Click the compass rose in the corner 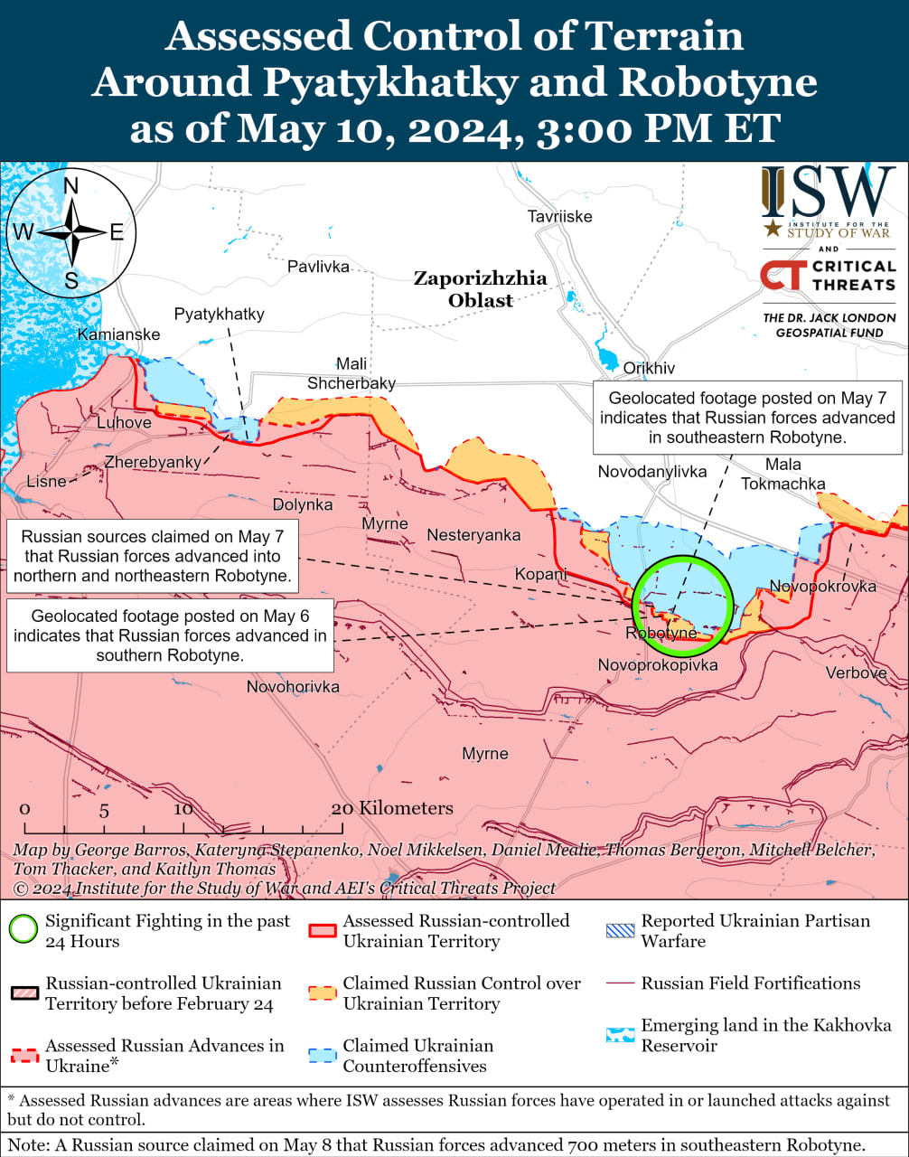point(70,232)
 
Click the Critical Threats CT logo point(781,275)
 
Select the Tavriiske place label point(559,216)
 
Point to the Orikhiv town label point(649,368)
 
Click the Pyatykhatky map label point(219,314)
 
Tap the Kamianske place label point(118,334)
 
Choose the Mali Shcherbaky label point(351,373)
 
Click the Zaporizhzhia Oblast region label point(480,288)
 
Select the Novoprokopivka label point(658,665)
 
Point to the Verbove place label point(855,673)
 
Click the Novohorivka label point(293,687)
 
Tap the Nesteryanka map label point(473,535)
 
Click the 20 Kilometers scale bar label point(392,808)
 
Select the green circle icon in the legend point(23,930)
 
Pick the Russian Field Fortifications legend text point(751,983)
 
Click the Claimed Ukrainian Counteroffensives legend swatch point(323,1055)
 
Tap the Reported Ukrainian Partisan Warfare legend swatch point(621,930)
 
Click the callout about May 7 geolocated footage point(747,418)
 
